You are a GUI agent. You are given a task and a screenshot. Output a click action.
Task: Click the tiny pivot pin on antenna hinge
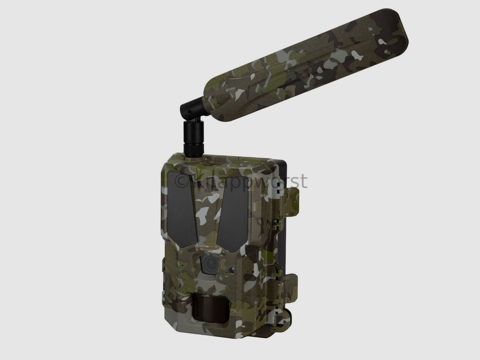click(189, 111)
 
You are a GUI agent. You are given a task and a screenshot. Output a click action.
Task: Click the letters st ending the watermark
click(298, 181)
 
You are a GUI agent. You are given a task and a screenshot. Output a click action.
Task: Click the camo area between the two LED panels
click(208, 213)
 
